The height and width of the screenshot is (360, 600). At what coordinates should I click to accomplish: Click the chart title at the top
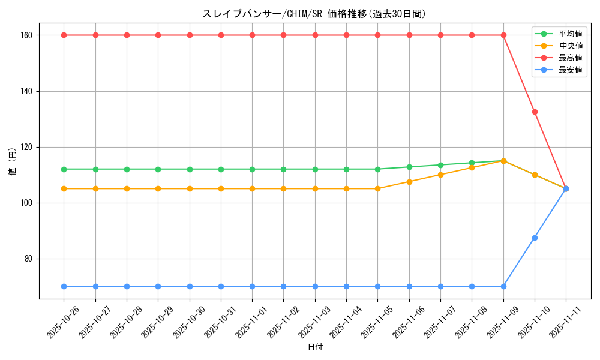pos(314,14)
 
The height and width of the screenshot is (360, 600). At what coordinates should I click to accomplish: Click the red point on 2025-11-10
pos(535,112)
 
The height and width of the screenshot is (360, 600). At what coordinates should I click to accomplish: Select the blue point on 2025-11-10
pos(535,238)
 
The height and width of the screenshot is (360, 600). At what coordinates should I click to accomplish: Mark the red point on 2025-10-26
pos(64,35)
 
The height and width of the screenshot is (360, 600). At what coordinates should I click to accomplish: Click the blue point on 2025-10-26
pos(64,286)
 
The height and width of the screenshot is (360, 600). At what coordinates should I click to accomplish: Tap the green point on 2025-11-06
pos(409,167)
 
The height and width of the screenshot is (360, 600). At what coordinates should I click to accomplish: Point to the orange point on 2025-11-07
pos(440,175)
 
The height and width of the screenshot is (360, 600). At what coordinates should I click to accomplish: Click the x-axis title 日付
pos(315,347)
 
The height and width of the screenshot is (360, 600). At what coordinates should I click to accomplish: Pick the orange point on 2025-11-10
pos(535,175)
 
